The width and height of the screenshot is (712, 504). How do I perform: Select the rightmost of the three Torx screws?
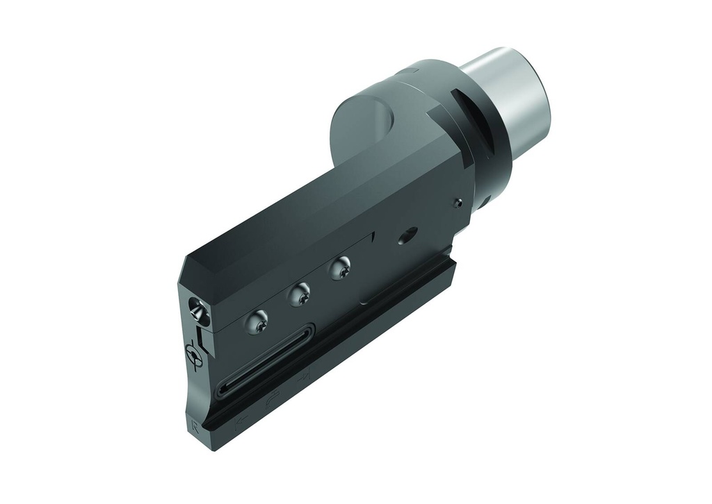[340, 268]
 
